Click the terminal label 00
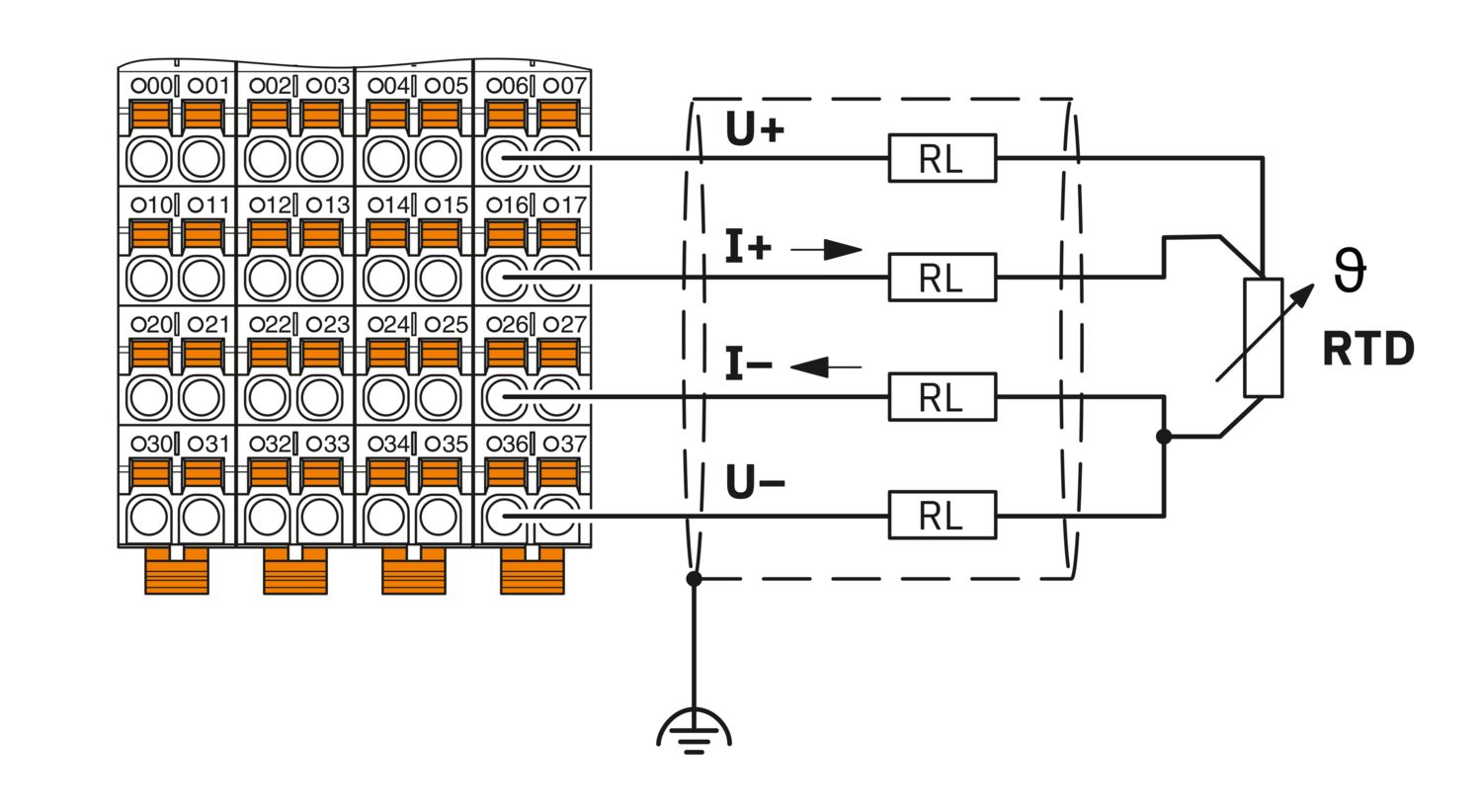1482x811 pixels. pos(151,86)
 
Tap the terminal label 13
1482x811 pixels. pos(328,205)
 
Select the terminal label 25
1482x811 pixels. pos(447,324)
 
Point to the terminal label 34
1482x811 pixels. pos(388,444)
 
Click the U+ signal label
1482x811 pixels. pos(755,129)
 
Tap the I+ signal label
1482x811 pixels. pos(749,247)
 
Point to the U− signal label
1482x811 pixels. pos(755,482)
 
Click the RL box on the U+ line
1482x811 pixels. pos(943,158)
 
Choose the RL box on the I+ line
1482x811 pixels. pos(943,278)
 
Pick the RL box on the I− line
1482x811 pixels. pos(943,397)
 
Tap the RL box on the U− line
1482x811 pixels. pos(943,515)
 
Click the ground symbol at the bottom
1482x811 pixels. pos(694,732)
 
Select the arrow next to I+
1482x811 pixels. pos(826,249)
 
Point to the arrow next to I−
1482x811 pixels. pos(826,366)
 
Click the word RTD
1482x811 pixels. pos(1368,349)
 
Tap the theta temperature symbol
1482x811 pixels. pos(1349,270)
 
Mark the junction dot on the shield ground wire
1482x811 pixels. pos(694,579)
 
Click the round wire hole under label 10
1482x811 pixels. pos(149,279)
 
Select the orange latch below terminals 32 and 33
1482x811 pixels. pos(295,570)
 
